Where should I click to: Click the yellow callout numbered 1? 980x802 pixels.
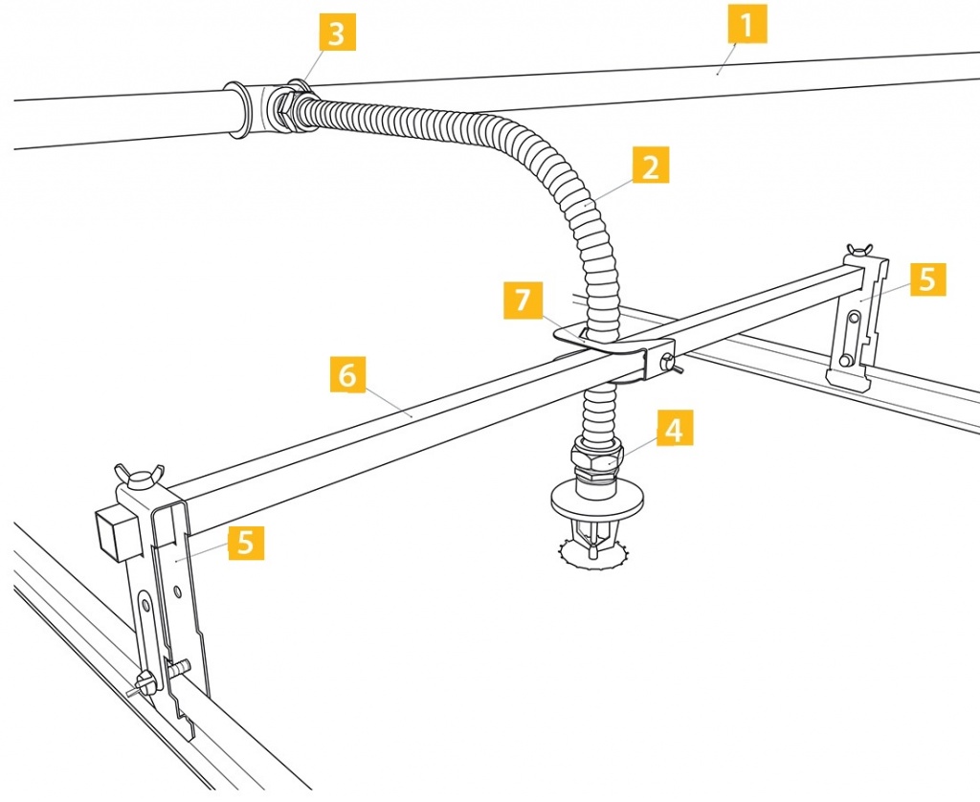click(x=747, y=25)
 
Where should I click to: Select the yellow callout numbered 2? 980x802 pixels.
click(x=651, y=168)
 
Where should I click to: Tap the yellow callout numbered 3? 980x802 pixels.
click(x=336, y=35)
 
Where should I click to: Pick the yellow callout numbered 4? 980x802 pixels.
click(x=675, y=430)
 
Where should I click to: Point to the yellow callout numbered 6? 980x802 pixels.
click(x=347, y=374)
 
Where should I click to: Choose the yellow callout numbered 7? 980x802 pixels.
click(x=522, y=301)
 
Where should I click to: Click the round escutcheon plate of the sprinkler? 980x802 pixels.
click(x=597, y=497)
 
